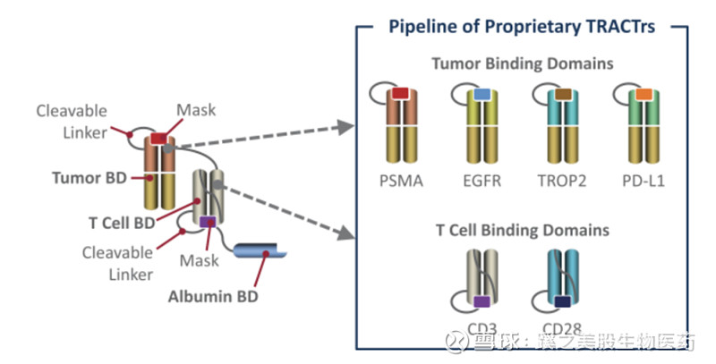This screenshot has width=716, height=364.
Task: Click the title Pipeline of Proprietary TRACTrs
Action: pos(522,27)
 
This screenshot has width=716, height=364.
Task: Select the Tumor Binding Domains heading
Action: pos(522,63)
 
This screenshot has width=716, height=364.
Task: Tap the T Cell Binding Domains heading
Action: pos(521,230)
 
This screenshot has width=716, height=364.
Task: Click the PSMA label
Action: pos(401,182)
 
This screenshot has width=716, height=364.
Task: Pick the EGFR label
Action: pos(482,182)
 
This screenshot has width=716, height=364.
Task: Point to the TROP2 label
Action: pos(563,182)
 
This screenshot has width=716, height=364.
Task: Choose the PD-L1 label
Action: pos(644,182)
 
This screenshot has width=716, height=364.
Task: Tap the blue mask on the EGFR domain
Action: pos(482,94)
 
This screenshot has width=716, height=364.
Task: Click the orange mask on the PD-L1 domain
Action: pos(644,94)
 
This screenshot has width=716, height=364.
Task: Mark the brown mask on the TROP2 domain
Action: pos(563,94)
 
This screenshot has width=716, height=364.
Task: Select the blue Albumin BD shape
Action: pos(260,251)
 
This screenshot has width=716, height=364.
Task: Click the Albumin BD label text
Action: pos(212,296)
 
